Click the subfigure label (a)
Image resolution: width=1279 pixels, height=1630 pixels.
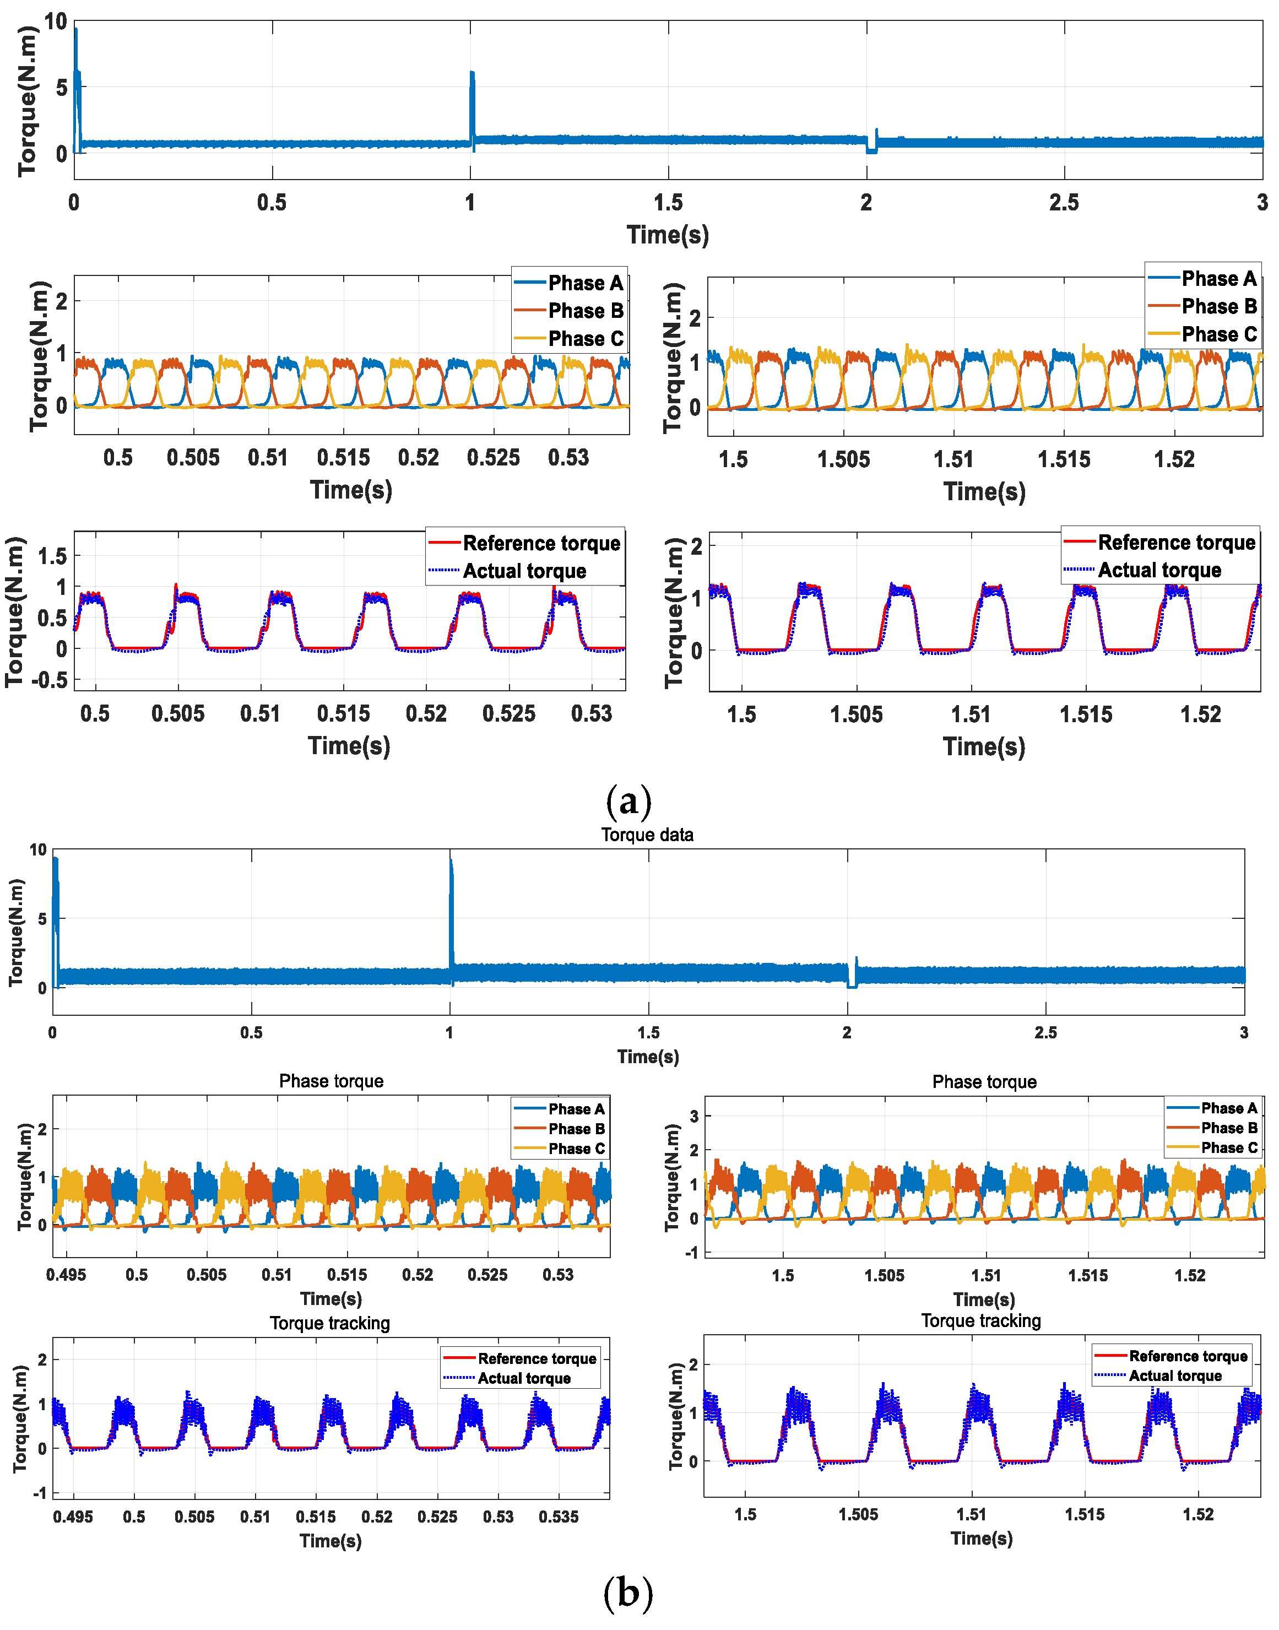tap(628, 800)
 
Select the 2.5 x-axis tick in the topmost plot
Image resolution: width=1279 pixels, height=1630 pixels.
tap(1064, 203)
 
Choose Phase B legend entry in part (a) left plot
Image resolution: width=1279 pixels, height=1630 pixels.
tap(586, 311)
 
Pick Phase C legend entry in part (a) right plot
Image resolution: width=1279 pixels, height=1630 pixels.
tap(1218, 334)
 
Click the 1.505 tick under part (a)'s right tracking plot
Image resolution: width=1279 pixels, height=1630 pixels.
tap(856, 714)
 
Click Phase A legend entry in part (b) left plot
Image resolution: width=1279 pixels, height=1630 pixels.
tap(576, 1109)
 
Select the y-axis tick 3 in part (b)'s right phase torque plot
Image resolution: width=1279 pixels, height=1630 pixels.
tap(693, 1117)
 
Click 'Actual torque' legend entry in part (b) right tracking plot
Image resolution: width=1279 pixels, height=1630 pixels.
tap(1175, 1376)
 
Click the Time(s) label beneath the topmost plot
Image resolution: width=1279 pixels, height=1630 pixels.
tap(667, 235)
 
